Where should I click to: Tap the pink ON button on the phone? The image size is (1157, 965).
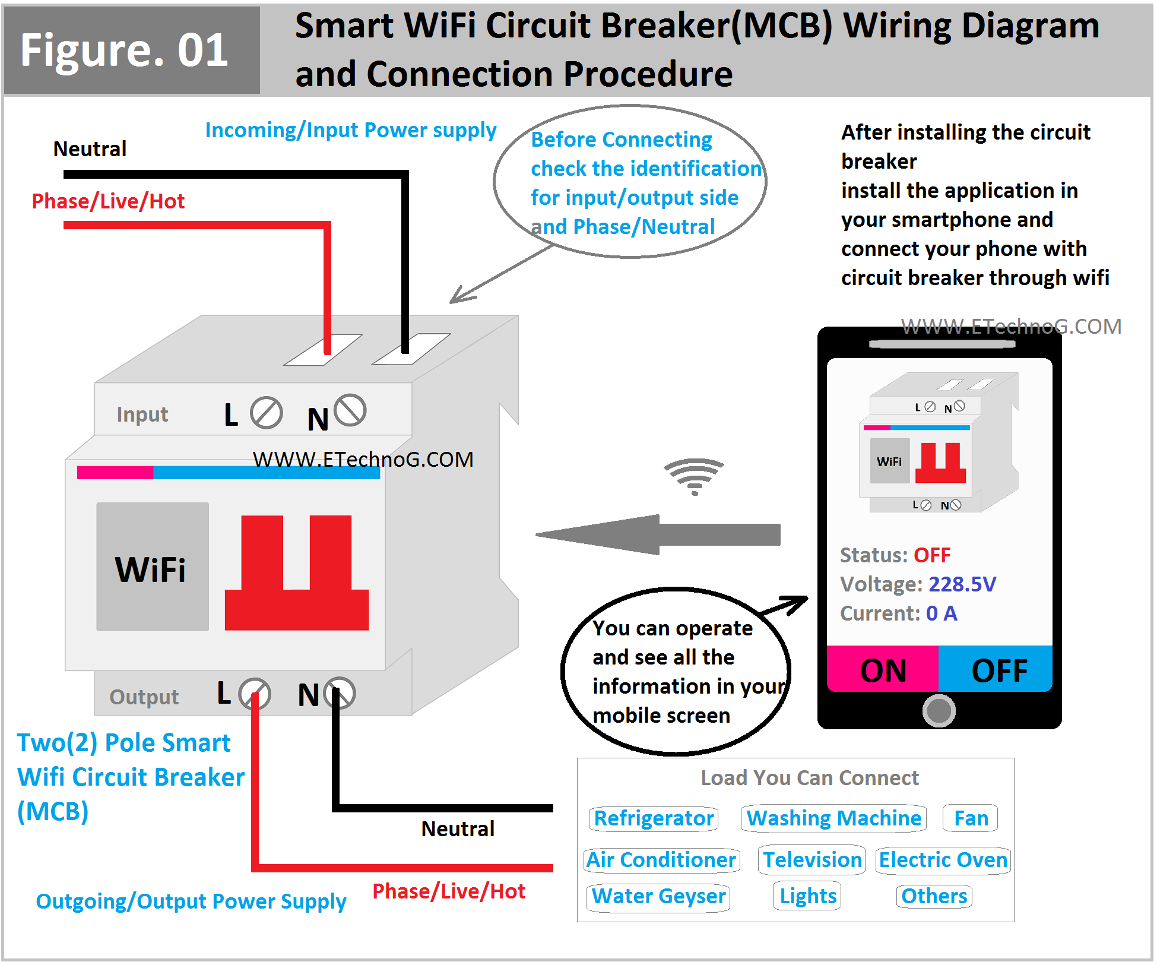pyautogui.click(x=882, y=669)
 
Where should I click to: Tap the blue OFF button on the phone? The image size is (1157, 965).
pyautogui.click(x=996, y=669)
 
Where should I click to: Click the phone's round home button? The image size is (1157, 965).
pyautogui.click(x=939, y=710)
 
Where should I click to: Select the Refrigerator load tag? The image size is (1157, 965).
pyautogui.click(x=653, y=818)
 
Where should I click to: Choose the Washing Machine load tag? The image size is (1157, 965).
pyautogui.click(x=833, y=818)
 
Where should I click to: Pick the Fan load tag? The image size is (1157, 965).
pyautogui.click(x=971, y=818)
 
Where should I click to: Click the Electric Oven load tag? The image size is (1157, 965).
pyautogui.click(x=943, y=860)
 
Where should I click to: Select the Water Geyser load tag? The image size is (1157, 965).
pyautogui.click(x=658, y=896)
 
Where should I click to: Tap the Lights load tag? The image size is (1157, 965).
pyautogui.click(x=807, y=896)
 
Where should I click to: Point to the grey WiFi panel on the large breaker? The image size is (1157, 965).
pyautogui.click(x=152, y=567)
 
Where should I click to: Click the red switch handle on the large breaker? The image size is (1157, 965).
pyautogui.click(x=296, y=574)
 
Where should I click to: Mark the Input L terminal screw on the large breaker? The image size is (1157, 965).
pyautogui.click(x=266, y=413)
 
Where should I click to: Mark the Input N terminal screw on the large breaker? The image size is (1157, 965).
pyautogui.click(x=350, y=410)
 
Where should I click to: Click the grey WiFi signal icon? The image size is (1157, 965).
pyautogui.click(x=694, y=476)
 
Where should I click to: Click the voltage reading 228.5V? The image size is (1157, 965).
pyautogui.click(x=962, y=584)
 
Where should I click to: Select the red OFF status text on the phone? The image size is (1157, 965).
pyautogui.click(x=931, y=555)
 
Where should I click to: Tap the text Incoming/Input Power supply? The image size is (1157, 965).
pyautogui.click(x=350, y=131)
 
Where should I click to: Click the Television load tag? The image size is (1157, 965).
pyautogui.click(x=812, y=860)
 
